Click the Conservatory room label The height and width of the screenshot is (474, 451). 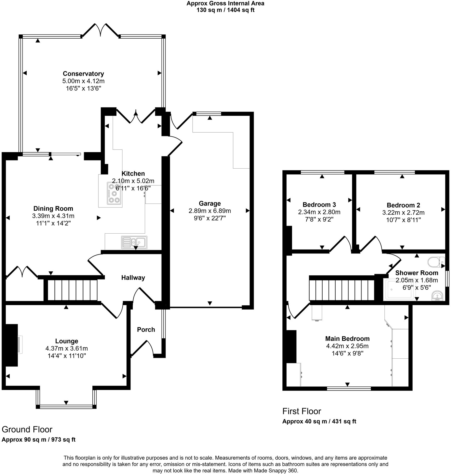83,74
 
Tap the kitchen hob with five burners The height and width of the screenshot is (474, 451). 114,193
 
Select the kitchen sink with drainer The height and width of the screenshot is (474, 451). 134,242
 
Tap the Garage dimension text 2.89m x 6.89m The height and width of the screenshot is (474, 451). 210,211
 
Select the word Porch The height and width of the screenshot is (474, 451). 146,330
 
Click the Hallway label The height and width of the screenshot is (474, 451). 133,278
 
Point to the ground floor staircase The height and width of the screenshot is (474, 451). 72,290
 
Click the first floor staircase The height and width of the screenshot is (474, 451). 342,290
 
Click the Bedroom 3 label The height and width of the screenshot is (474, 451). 319,205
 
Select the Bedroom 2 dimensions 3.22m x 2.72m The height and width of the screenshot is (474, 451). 403,212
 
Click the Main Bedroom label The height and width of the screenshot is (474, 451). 347,339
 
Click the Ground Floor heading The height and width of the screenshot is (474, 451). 27,429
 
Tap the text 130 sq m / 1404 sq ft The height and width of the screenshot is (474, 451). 225,10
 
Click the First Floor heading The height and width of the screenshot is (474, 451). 301,411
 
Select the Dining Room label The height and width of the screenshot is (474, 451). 53,208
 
